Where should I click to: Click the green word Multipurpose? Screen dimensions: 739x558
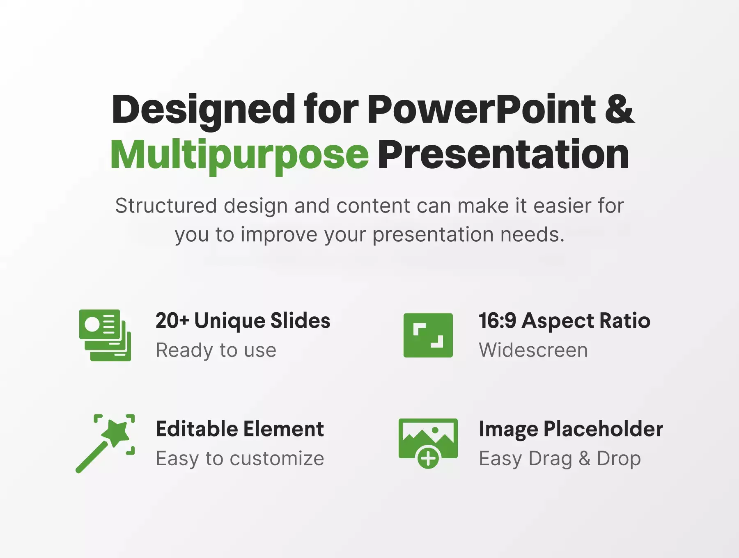click(x=240, y=155)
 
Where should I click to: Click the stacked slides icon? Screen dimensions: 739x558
click(x=105, y=335)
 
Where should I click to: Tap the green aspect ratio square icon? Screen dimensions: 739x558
click(x=428, y=335)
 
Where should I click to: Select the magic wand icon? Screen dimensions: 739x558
click(x=105, y=444)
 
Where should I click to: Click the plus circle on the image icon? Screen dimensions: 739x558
click(x=428, y=457)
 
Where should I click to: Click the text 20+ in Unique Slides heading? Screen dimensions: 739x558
click(x=172, y=320)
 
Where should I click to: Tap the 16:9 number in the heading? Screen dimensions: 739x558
click(x=497, y=320)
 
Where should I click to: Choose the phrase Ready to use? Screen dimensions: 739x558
click(x=216, y=350)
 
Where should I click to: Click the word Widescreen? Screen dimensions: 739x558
click(x=533, y=350)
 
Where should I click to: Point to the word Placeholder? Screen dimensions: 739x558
click(x=603, y=429)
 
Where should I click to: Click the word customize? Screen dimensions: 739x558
click(x=277, y=459)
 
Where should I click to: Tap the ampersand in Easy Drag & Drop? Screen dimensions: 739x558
click(x=585, y=459)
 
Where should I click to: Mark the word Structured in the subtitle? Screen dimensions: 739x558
click(x=166, y=206)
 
